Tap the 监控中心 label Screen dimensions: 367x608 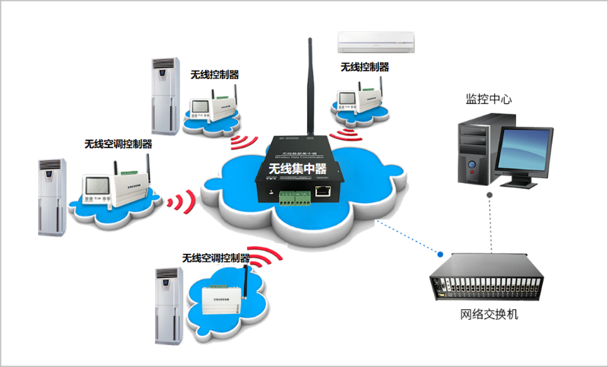tap(489, 100)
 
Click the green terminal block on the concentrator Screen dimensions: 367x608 tap(293, 198)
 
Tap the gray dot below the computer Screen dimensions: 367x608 tap(490, 195)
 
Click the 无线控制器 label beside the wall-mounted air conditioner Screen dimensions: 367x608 tap(365, 67)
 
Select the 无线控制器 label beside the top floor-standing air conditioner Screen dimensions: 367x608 tap(215, 74)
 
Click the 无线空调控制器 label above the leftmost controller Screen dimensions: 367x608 tap(119, 144)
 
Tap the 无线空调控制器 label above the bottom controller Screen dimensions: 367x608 tap(216, 258)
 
